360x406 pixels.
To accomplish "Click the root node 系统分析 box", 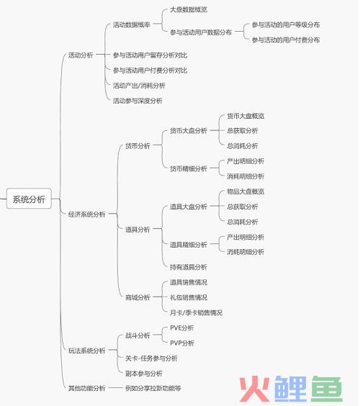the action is click(29, 199).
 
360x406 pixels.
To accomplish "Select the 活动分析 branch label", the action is click(81, 55).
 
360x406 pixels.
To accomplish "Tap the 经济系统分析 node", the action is click(87, 214).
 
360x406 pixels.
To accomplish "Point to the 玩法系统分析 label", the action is click(87, 351).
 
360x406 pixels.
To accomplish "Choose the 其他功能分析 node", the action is click(87, 388).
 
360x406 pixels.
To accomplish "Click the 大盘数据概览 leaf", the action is click(189, 10).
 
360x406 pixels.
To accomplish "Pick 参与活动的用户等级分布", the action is click(286, 25).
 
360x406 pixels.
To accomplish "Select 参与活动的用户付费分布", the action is click(286, 40).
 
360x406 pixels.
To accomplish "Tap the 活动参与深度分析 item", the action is click(138, 101).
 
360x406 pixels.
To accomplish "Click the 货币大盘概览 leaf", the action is click(246, 116).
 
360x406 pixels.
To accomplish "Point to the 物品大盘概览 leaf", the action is click(246, 191).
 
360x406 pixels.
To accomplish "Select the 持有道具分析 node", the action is click(189, 267).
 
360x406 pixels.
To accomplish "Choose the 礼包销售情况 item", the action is click(189, 297).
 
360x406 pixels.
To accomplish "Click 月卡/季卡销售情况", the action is click(196, 312).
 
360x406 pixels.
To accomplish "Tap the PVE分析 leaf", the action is click(182, 328).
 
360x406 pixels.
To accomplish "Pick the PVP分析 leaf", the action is click(182, 343).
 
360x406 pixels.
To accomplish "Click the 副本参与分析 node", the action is click(144, 374).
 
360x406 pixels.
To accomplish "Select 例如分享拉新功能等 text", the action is click(153, 388).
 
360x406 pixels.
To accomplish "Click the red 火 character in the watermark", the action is click(254, 389).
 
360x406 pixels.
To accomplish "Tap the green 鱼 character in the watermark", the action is click(327, 389).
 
